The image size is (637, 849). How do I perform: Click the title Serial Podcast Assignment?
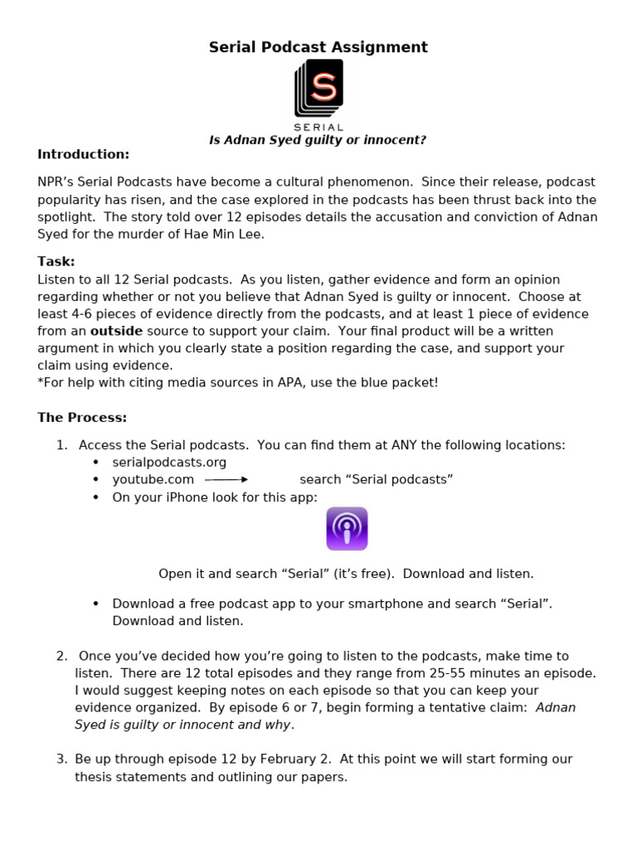tap(318, 47)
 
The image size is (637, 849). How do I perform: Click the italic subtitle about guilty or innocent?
tap(318, 140)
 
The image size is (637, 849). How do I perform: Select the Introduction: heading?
tap(83, 154)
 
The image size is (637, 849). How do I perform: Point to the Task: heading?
tap(56, 261)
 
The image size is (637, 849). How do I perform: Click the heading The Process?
tap(82, 417)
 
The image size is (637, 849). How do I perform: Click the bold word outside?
tap(116, 331)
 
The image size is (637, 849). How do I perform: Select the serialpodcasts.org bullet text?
tap(169, 462)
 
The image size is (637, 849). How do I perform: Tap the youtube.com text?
tap(153, 479)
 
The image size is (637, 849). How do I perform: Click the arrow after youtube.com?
tap(226, 479)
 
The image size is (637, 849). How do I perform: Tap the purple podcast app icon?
tap(347, 528)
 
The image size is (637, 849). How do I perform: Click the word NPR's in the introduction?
tap(55, 182)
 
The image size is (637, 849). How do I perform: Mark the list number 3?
tap(61, 759)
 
